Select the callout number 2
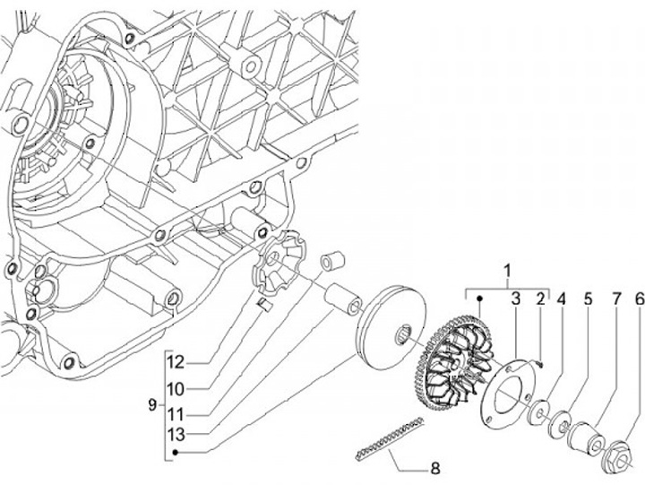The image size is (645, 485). [541, 299]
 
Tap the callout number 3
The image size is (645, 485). [516, 299]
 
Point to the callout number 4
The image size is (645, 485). [562, 299]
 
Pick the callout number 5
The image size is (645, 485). [588, 299]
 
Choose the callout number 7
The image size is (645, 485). [615, 299]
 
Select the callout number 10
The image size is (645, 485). [176, 388]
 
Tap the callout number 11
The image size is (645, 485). [176, 415]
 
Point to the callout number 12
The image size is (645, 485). [176, 362]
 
